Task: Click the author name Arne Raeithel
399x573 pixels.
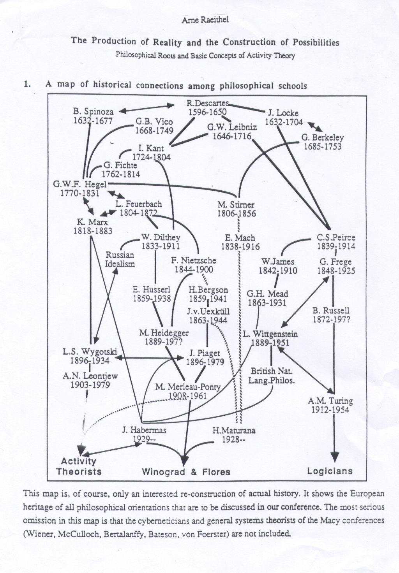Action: (x=205, y=20)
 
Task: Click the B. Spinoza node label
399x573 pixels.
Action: (x=93, y=112)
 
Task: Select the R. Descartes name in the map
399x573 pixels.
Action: (x=207, y=103)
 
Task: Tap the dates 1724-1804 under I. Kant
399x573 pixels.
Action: (x=151, y=156)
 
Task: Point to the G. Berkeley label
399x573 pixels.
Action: (x=322, y=138)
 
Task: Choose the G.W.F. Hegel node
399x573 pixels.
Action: (x=80, y=184)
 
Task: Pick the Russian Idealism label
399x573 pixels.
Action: (x=120, y=259)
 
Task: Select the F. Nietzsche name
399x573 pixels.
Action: (x=194, y=260)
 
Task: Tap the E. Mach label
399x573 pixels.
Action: (x=240, y=238)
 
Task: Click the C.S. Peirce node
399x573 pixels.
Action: (x=336, y=237)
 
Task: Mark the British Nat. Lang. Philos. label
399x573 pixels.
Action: (x=272, y=375)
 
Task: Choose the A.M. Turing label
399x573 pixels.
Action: (x=330, y=400)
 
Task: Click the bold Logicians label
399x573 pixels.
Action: (x=330, y=471)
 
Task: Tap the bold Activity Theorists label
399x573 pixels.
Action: (x=79, y=466)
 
